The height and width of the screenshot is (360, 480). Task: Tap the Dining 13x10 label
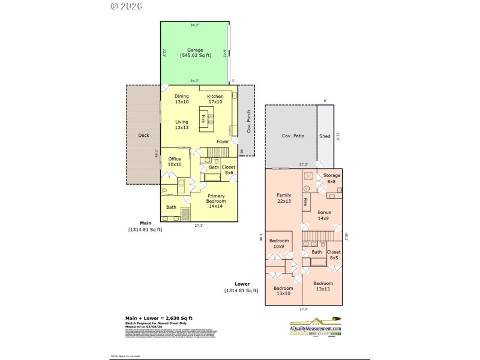click(182, 99)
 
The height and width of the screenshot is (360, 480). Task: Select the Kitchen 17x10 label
click(215, 99)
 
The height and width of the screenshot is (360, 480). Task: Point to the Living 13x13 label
click(182, 124)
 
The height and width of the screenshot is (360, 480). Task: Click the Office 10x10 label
click(175, 161)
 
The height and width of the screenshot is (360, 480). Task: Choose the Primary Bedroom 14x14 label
click(216, 200)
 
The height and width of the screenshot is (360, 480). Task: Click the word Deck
click(143, 135)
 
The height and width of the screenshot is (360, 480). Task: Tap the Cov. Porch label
click(247, 123)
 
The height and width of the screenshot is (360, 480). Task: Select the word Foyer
click(223, 142)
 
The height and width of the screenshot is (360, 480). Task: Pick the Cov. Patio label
click(293, 136)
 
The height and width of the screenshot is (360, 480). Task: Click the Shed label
click(325, 136)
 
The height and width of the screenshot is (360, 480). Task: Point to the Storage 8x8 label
click(332, 178)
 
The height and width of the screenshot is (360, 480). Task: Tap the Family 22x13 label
click(284, 198)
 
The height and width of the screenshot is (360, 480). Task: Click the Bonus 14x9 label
click(324, 215)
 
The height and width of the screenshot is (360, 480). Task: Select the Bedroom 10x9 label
click(278, 243)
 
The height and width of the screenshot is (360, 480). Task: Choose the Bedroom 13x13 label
click(323, 286)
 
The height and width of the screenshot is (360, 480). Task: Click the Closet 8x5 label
click(334, 255)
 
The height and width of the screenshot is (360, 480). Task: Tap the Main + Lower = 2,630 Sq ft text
click(158, 318)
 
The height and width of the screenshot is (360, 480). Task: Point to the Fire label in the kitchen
click(203, 118)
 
